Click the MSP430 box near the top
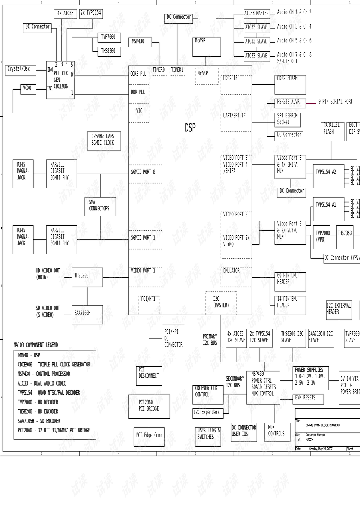click(141, 42)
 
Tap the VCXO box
click(27, 89)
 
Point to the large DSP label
click(190, 128)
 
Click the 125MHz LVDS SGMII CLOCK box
click(104, 140)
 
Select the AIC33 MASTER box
click(257, 14)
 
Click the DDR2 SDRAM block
click(291, 84)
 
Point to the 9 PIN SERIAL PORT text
click(335, 102)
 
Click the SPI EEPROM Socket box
click(288, 119)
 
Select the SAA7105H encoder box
click(87, 314)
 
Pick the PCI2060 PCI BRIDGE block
click(148, 406)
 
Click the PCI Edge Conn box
click(149, 436)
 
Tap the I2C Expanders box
click(208, 413)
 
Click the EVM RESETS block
click(307, 398)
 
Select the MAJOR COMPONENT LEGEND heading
click(36, 345)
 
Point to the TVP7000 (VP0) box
click(322, 237)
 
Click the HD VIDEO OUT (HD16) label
click(48, 274)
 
